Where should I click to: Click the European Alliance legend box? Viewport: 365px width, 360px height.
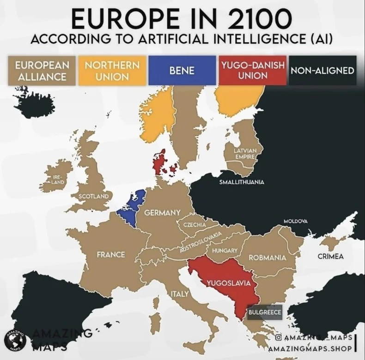click(42, 70)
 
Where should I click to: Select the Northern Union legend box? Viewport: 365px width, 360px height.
click(112, 70)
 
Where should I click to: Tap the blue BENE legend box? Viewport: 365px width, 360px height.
click(182, 71)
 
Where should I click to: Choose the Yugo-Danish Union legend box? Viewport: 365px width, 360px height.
click(252, 70)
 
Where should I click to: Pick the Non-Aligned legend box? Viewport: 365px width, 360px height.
click(322, 71)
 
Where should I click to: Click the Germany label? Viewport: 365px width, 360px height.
click(162, 213)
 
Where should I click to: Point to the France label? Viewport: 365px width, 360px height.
click(111, 254)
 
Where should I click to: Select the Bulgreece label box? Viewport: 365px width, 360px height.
click(265, 312)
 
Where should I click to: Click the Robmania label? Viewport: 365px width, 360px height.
click(268, 257)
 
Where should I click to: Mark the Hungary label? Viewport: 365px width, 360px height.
click(225, 250)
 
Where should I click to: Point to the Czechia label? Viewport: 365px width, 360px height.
click(195, 224)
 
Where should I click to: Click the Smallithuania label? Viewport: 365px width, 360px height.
click(242, 182)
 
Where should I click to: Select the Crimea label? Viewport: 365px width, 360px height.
click(330, 256)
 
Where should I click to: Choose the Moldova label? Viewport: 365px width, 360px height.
click(295, 222)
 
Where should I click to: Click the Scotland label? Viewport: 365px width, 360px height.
click(94, 196)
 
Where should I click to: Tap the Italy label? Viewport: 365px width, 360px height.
click(180, 294)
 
